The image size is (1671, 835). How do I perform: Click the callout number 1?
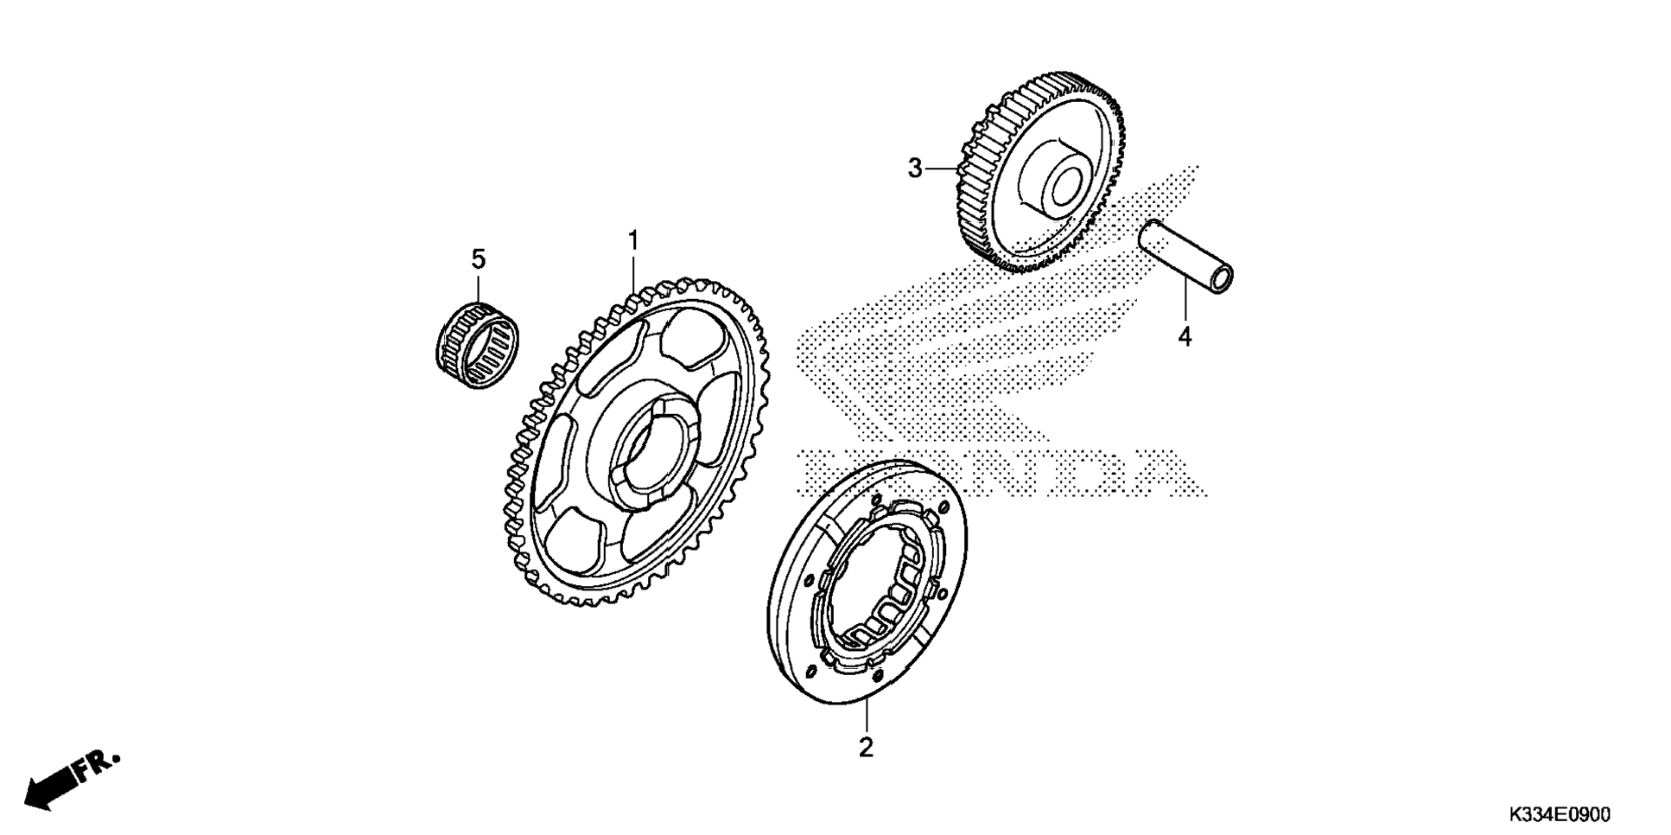[x=633, y=240]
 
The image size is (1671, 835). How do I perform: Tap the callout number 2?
[x=866, y=747]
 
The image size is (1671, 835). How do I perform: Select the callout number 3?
[x=915, y=169]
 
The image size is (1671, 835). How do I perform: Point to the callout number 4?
[x=1185, y=336]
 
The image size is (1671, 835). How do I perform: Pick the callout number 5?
[x=478, y=258]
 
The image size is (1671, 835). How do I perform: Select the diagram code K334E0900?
[x=1560, y=815]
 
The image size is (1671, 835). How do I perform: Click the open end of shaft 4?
[x=1222, y=279]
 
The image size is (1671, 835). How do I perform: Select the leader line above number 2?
[x=866, y=717]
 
